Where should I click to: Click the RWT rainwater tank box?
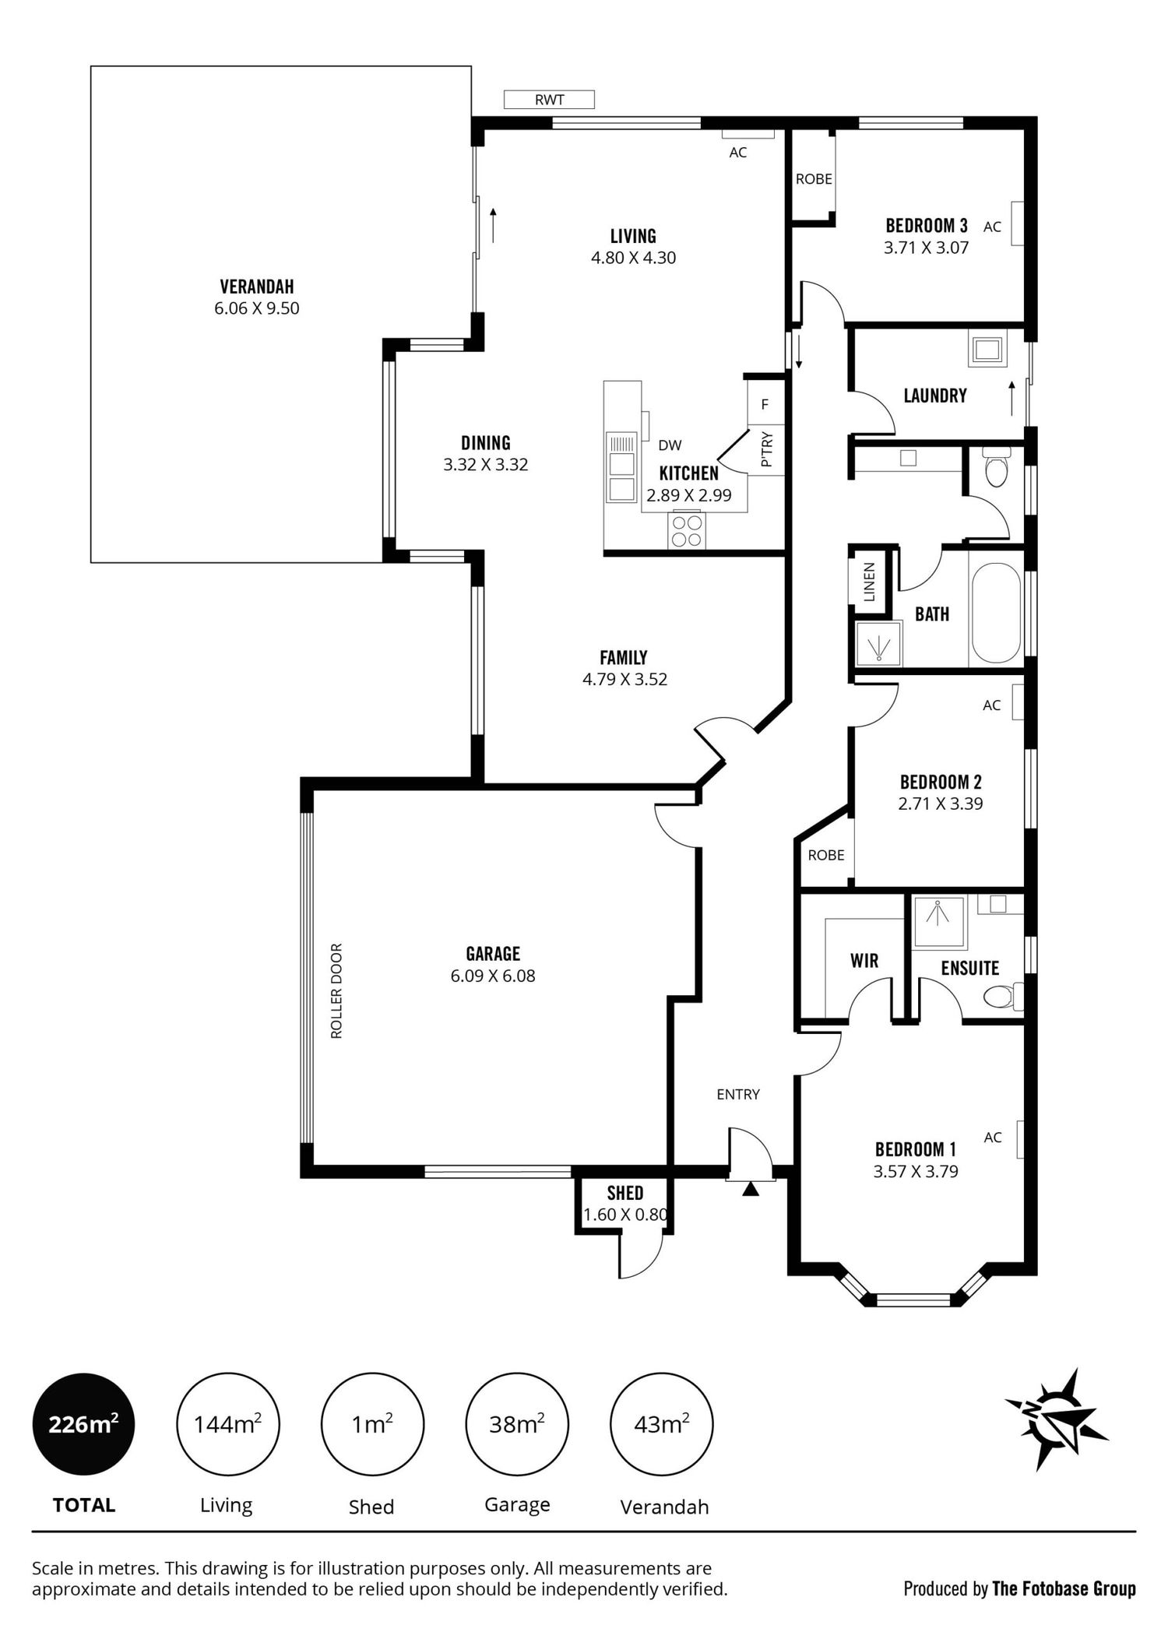pos(549,100)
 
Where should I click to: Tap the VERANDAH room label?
pos(257,287)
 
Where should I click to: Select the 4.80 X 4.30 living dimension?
pos(633,258)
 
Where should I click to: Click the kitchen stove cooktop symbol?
pos(686,530)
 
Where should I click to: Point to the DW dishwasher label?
pos(670,445)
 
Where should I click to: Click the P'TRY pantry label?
pos(766,451)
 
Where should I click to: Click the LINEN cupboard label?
pos(870,582)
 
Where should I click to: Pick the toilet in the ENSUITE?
pos(1004,995)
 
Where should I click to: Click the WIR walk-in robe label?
pos(864,961)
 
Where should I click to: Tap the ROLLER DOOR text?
pos(336,991)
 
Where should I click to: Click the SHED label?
pos(625,1193)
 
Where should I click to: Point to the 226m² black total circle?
pos(83,1425)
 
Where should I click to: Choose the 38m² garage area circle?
pos(517,1425)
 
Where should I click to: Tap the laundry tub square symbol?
pos(987,349)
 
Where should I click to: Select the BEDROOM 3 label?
pos(927,226)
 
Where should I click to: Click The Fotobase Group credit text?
pos(1064,1588)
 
